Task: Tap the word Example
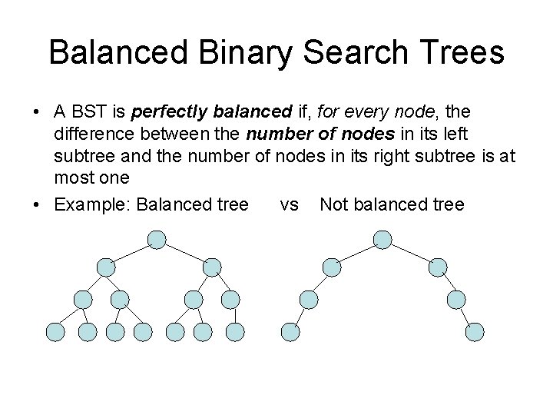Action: (89, 204)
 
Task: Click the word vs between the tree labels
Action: (290, 204)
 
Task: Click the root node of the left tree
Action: (157, 241)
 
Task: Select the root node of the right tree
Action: (382, 241)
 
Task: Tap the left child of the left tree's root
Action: (105, 267)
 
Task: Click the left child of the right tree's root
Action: (331, 267)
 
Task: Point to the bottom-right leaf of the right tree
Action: (476, 332)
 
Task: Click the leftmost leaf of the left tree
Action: (55, 332)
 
